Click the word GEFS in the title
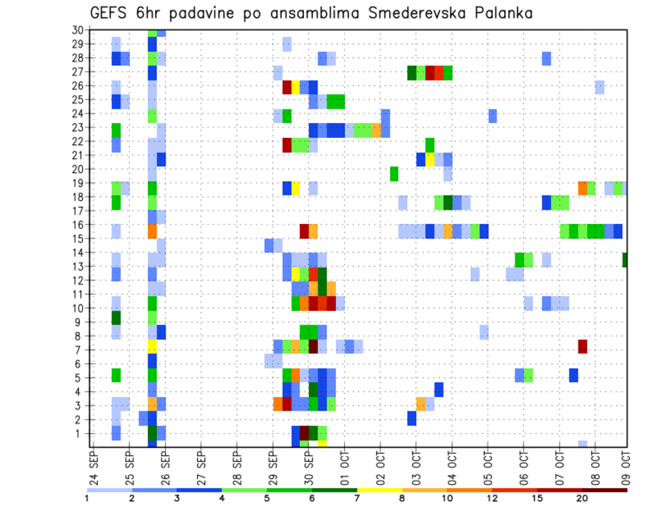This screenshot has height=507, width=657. click(x=112, y=13)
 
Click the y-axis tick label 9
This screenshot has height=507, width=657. click(x=80, y=322)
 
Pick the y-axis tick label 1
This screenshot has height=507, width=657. click(x=80, y=433)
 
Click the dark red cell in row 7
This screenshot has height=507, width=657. click(x=582, y=346)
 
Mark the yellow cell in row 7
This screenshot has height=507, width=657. click(x=153, y=346)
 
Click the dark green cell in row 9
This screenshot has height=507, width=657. click(x=116, y=318)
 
